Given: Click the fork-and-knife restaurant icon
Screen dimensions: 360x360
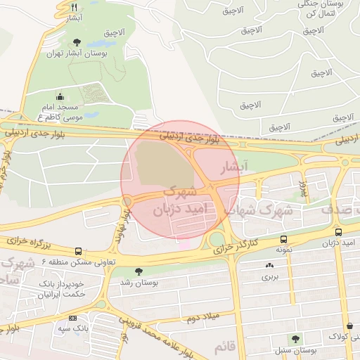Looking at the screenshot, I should (74, 6).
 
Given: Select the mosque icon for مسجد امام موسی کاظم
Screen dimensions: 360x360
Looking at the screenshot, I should (60, 97).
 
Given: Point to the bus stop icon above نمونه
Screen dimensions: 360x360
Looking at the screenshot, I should (283, 239).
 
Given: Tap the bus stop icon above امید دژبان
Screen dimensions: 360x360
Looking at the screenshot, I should (339, 231).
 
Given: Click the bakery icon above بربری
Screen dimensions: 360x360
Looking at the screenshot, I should (270, 265).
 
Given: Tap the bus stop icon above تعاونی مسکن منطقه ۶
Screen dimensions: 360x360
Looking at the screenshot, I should (77, 250).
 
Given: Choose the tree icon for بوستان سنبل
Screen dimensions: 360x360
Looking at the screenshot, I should (295, 339).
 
